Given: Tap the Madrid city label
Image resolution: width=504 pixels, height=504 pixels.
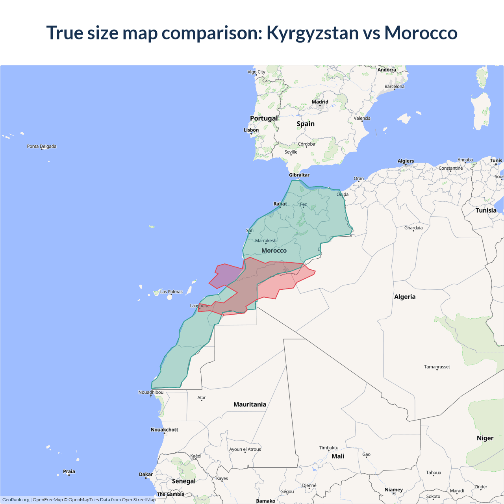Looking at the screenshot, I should pyautogui.click(x=320, y=102).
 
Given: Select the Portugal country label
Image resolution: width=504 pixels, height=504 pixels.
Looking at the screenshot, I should pyautogui.click(x=264, y=118).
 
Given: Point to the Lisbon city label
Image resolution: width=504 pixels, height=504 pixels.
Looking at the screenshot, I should pyautogui.click(x=251, y=130).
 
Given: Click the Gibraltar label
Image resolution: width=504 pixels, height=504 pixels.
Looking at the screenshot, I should pyautogui.click(x=299, y=175).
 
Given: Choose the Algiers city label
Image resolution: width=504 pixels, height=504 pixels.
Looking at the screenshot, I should pyautogui.click(x=406, y=161).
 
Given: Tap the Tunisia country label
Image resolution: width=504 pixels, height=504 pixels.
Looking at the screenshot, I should pyautogui.click(x=486, y=210).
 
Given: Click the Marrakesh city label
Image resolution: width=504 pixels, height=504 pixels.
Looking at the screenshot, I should pyautogui.click(x=266, y=241).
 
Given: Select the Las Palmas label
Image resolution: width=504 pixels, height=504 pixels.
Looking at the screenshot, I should pyautogui.click(x=171, y=292).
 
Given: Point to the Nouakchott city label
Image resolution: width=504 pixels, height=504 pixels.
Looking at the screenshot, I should pyautogui.click(x=165, y=430).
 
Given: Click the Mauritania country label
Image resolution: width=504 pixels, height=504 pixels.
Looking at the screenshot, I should pyautogui.click(x=250, y=404).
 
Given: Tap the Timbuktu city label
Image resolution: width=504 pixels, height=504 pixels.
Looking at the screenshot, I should pyautogui.click(x=329, y=448).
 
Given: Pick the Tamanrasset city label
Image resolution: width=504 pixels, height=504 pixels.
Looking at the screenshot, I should pyautogui.click(x=437, y=367).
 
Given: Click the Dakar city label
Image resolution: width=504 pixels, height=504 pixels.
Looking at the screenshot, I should pyautogui.click(x=146, y=474).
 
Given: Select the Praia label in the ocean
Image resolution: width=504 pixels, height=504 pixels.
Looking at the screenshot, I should pyautogui.click(x=69, y=471).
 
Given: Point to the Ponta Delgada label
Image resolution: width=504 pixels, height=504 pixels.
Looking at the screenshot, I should pyautogui.click(x=42, y=146).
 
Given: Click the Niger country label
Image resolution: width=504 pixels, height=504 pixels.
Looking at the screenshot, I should pyautogui.click(x=485, y=438).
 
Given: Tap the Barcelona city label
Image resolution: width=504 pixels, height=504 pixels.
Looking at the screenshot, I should pyautogui.click(x=394, y=87).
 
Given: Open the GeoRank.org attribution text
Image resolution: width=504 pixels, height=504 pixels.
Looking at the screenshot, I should pyautogui.click(x=16, y=500).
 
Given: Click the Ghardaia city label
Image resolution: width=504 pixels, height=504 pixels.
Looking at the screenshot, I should pyautogui.click(x=413, y=228).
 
